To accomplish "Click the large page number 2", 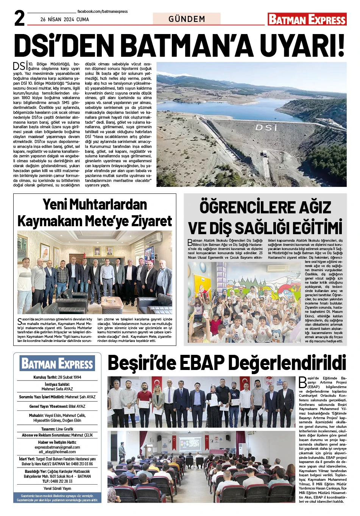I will click(x=19, y=19).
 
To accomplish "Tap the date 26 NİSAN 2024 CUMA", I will click(x=64, y=19).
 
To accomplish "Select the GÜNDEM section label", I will click(x=187, y=19).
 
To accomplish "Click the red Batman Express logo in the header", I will click(x=307, y=19).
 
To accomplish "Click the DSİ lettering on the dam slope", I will click(x=266, y=128).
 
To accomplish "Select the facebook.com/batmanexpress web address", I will click(x=102, y=12).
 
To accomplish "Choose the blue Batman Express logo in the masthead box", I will click(x=57, y=364).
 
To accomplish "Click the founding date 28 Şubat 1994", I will click(x=69, y=377).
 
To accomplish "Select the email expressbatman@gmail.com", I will click(x=57, y=447).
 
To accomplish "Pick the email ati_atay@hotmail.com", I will click(x=57, y=452).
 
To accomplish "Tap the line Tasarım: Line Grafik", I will click(x=57, y=429).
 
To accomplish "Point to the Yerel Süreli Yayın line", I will click(x=57, y=488).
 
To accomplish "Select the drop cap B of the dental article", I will click(x=190, y=242).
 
